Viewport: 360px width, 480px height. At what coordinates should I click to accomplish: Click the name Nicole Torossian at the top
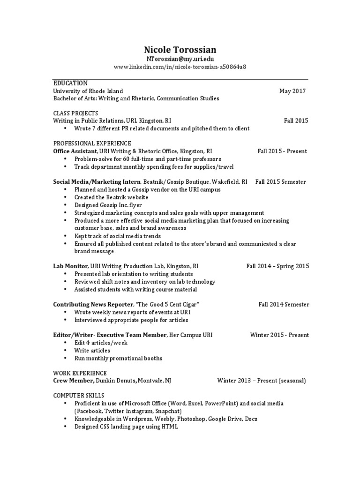(180, 49)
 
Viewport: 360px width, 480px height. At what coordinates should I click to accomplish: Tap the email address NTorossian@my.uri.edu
(180, 59)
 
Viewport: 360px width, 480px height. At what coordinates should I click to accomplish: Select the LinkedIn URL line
(180, 67)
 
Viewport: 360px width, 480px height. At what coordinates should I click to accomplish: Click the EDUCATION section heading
(70, 83)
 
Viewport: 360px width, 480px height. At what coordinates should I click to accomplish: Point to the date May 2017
(292, 91)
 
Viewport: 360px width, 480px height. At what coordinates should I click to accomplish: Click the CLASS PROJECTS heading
(75, 113)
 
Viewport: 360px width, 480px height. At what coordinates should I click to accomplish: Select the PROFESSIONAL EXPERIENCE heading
(92, 143)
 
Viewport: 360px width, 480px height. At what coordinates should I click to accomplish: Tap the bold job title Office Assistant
(75, 151)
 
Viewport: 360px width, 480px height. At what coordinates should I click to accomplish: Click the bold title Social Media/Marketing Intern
(97, 182)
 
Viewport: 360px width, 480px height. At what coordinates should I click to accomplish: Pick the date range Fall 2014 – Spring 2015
(277, 266)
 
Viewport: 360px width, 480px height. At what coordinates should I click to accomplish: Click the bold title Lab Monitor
(69, 266)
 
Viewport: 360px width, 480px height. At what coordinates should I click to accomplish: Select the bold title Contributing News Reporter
(93, 305)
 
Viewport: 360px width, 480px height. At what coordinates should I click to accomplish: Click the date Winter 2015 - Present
(279, 335)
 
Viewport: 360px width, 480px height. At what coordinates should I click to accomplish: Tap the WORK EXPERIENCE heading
(80, 373)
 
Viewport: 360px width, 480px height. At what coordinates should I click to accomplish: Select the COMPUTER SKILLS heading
(79, 396)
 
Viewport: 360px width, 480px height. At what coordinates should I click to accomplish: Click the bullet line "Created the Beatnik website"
(111, 197)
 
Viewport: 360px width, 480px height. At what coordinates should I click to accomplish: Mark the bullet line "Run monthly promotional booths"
(118, 358)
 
